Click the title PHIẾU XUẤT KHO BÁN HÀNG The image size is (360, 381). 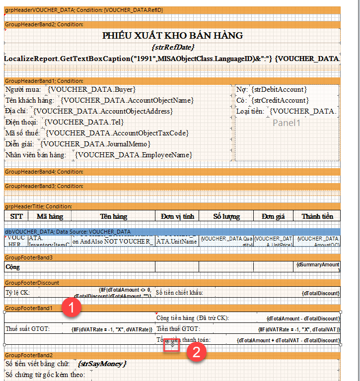pyautogui.click(x=172, y=35)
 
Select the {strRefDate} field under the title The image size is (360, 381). pyautogui.click(x=173, y=47)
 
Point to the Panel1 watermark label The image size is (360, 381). pyautogui.click(x=287, y=123)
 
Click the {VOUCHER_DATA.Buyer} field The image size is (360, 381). pyautogui.click(x=92, y=90)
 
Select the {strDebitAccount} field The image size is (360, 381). pyautogui.click(x=279, y=90)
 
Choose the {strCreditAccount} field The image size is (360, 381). pyautogui.click(x=279, y=101)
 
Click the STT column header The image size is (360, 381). pyautogui.click(x=16, y=216)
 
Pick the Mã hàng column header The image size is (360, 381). pyautogui.click(x=49, y=216)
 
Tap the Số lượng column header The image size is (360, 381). pyautogui.click(x=226, y=216)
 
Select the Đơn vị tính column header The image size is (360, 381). pyautogui.click(x=177, y=216)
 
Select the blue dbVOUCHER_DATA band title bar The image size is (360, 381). pyautogui.click(x=68, y=232)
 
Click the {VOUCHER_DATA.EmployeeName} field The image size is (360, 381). pyautogui.click(x=134, y=155)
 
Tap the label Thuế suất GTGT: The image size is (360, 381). pyautogui.click(x=28, y=329)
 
